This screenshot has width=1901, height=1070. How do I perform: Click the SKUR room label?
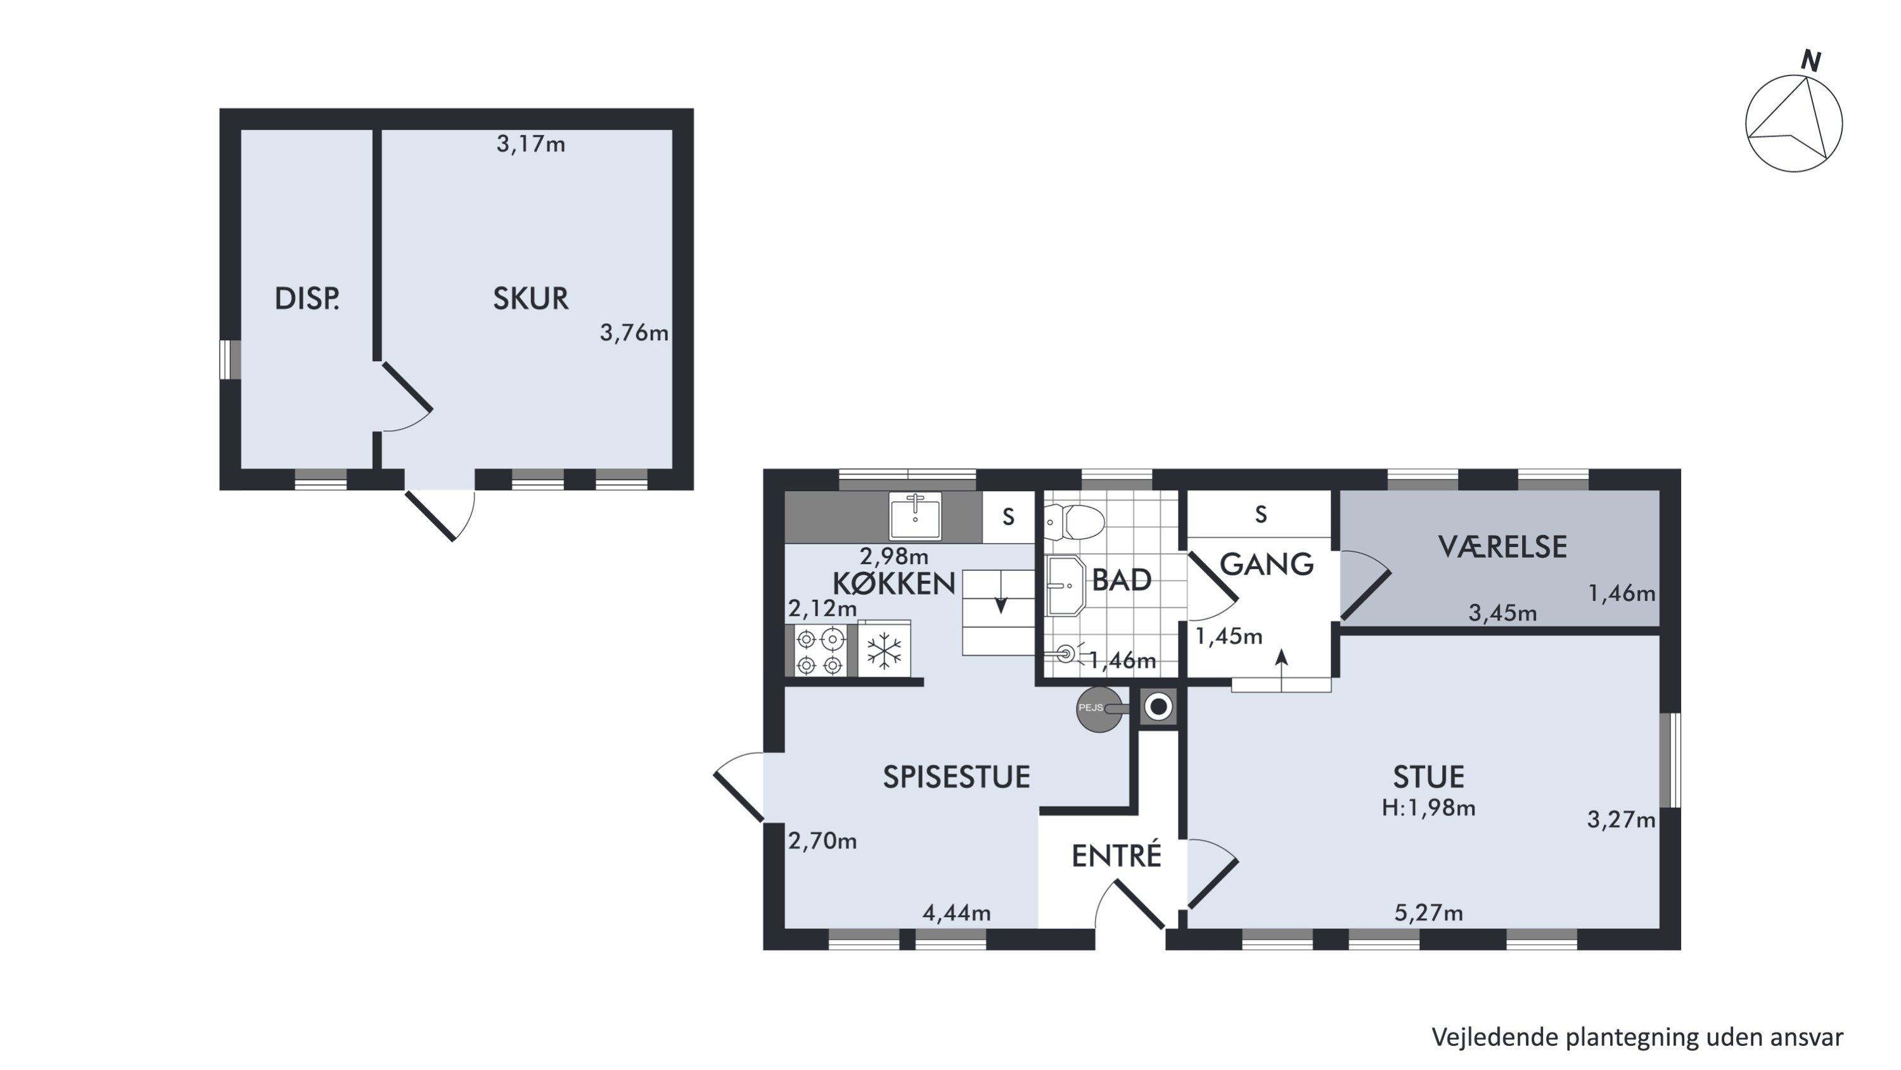[x=530, y=298]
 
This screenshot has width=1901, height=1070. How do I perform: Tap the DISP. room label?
[x=307, y=298]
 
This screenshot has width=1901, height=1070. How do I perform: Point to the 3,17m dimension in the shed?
[x=530, y=144]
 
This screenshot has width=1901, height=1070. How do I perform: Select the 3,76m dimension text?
[x=634, y=333]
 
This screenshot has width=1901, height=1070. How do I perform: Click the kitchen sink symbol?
[x=915, y=516]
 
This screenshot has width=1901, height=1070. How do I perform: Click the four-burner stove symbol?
[x=820, y=651]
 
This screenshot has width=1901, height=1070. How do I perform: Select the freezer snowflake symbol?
[x=884, y=651]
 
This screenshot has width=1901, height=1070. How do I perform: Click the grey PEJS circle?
[x=1099, y=709]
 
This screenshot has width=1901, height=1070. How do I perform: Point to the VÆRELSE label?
[x=1502, y=547]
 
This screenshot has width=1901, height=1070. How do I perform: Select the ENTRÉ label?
[x=1117, y=856]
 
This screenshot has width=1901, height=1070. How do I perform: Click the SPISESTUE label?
[x=956, y=777]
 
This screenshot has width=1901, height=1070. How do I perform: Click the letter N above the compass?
[x=1812, y=62]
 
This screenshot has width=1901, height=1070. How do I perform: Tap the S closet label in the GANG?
[x=1261, y=514]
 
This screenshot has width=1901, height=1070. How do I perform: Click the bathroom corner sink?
[x=1066, y=586]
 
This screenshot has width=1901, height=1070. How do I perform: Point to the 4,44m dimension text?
[x=956, y=913]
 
